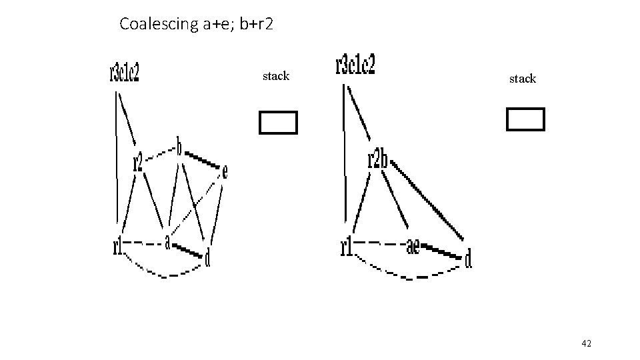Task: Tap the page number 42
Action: coord(587,343)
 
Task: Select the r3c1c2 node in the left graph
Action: coord(125,72)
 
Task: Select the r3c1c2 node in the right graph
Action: coord(355,65)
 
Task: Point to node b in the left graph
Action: coord(179,145)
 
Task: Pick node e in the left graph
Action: coord(225,172)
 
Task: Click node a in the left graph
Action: coord(168,239)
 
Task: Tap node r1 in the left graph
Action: coord(119,247)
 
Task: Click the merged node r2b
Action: coord(377,161)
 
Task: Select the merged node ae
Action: coord(413,247)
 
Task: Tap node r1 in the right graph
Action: coord(346,248)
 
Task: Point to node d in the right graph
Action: coord(468,259)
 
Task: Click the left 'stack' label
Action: coord(276,76)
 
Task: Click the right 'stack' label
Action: coord(522,79)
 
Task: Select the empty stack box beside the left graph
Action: coord(277,122)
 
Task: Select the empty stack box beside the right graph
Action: coord(525,119)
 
